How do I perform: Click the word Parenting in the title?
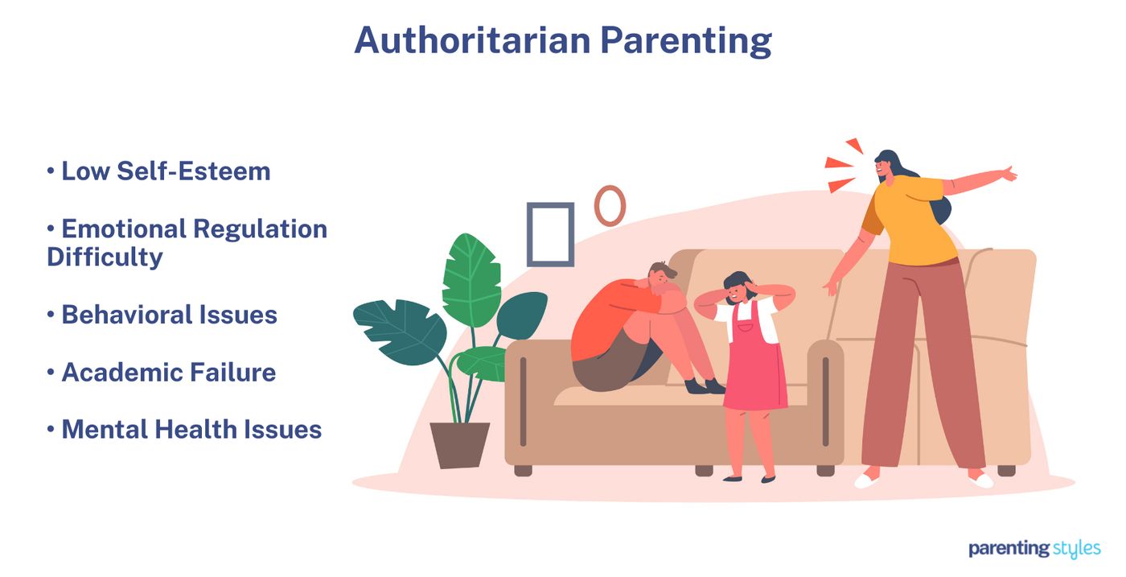pyautogui.click(x=686, y=41)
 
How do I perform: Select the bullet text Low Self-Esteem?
pyautogui.click(x=166, y=171)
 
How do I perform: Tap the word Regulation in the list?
pyautogui.click(x=261, y=229)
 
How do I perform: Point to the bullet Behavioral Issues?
pyautogui.click(x=169, y=315)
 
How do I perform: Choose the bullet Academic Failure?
pyautogui.click(x=168, y=372)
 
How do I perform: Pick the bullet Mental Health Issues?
pyautogui.click(x=191, y=429)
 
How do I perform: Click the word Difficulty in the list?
pyautogui.click(x=105, y=257)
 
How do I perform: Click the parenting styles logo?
pyautogui.click(x=1034, y=549)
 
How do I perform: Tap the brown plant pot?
pyautogui.click(x=460, y=444)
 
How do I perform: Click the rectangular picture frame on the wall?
pyautogui.click(x=550, y=234)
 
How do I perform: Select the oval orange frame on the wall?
pyautogui.click(x=610, y=205)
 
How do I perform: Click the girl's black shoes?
pyautogui.click(x=749, y=478)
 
